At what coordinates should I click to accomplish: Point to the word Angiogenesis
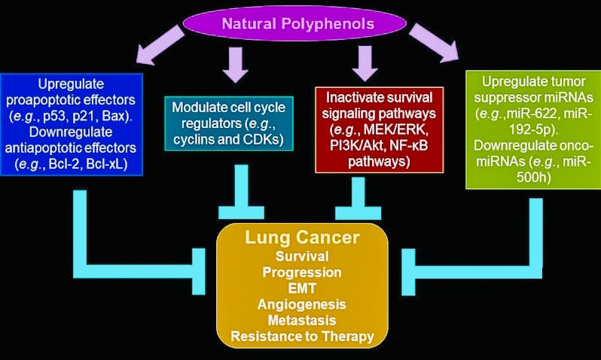301,304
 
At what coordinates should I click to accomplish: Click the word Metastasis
301,319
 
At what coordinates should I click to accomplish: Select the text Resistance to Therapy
301,336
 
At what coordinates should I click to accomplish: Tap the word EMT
301,288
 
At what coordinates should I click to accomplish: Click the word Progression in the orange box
301,272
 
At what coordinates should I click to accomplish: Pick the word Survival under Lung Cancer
301,257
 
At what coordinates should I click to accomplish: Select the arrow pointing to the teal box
236,65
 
